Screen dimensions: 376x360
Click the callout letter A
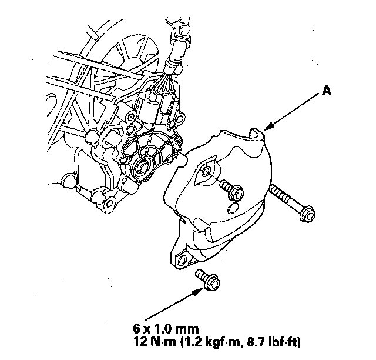[x=327, y=91]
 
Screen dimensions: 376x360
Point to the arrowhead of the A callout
[x=268, y=126]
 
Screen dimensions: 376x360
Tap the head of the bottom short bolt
[x=212, y=283]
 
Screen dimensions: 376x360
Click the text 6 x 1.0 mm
[x=166, y=329]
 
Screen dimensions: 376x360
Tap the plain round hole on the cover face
[x=233, y=208]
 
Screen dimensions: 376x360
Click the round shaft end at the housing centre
[x=142, y=168]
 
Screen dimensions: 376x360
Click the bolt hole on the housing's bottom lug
[x=109, y=203]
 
